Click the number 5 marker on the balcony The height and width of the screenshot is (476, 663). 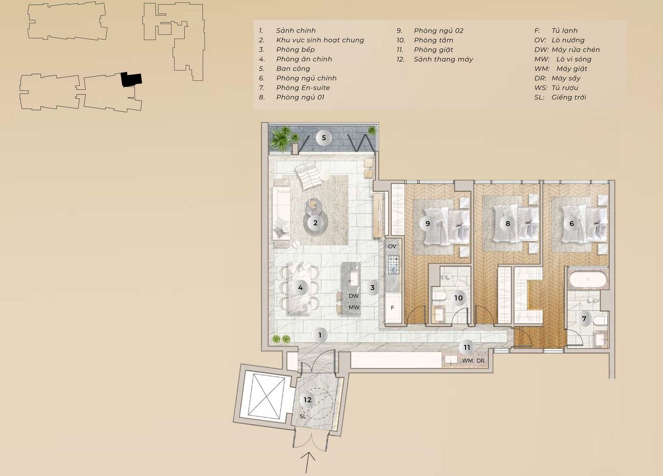coord(324,138)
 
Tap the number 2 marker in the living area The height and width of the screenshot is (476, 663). coord(315,223)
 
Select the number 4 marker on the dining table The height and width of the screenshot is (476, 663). coord(300,287)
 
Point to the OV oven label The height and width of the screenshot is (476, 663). coord(392,246)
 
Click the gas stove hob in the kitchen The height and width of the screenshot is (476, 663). coord(394,265)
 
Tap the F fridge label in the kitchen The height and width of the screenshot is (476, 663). coord(392,308)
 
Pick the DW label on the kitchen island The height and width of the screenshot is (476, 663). coord(354,296)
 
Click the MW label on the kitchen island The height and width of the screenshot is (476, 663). coord(354,307)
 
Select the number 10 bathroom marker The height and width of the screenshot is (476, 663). coord(458,298)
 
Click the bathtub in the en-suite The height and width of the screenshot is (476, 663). coord(588,279)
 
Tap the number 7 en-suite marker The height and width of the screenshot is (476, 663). coord(584,319)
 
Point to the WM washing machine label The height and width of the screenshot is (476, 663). coord(468,361)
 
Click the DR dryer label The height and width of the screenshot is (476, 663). coord(480,361)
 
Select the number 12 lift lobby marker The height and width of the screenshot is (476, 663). coord(308,400)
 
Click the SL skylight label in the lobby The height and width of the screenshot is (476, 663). coord(302,416)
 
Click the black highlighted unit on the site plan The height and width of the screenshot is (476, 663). coord(131,79)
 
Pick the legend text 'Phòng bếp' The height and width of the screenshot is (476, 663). coord(295,49)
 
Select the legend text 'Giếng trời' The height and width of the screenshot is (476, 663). coord(569,97)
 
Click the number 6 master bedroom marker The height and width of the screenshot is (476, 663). coord(572,223)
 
